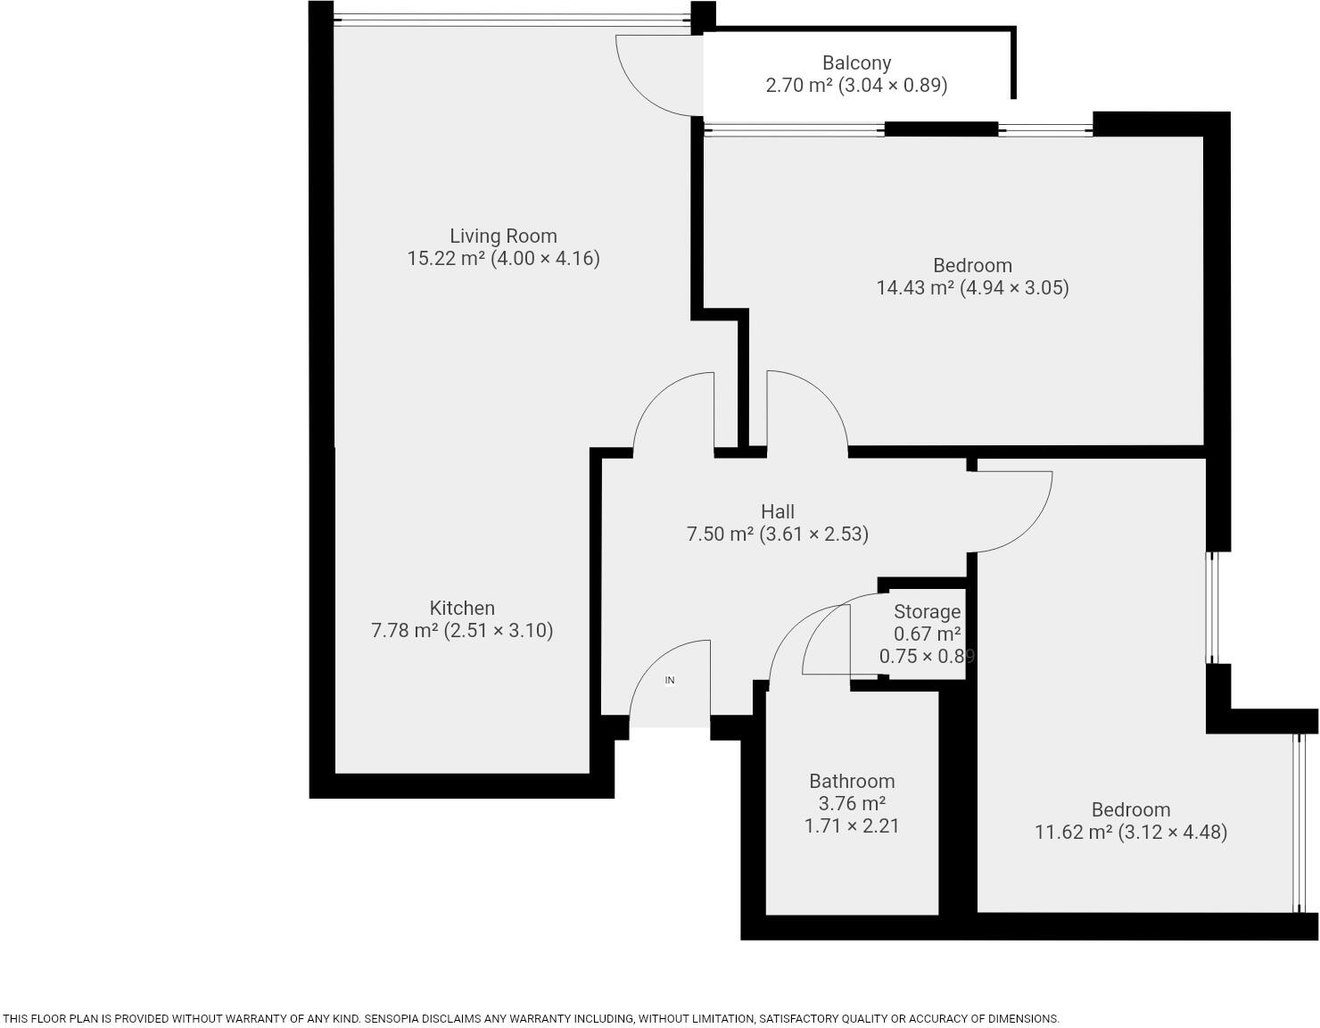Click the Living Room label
point(503,236)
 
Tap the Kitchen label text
point(462,609)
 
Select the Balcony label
point(856,63)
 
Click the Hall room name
point(778,512)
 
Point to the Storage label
point(927,612)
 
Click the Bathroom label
point(852,782)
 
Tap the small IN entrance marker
point(670,680)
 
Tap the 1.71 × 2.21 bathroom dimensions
point(852,826)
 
